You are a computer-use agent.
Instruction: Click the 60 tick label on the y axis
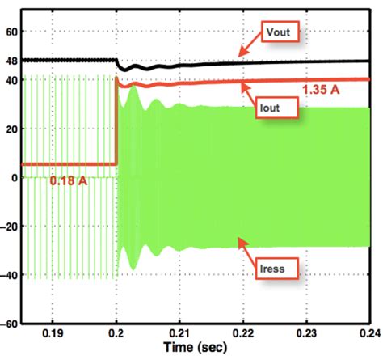(x=12, y=32)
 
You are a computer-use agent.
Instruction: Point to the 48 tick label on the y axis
(x=12, y=61)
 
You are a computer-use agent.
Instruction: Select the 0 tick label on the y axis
(x=15, y=178)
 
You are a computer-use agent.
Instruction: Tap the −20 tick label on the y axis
(x=10, y=227)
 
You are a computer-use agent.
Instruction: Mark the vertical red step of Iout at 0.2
(x=116, y=121)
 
